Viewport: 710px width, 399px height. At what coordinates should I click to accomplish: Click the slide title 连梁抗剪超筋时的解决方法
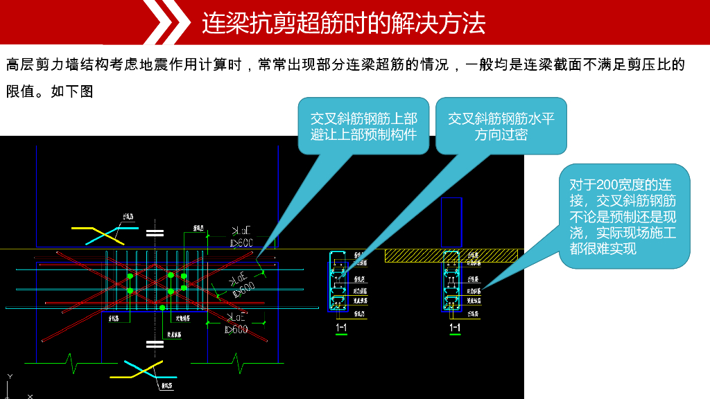tap(343, 23)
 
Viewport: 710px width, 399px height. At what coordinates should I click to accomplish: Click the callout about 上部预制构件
tap(363, 125)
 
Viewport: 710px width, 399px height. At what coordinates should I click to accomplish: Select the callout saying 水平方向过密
tap(501, 125)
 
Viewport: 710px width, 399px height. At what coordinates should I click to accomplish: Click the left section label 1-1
tap(341, 327)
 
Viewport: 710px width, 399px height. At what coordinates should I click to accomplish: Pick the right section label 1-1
tap(455, 327)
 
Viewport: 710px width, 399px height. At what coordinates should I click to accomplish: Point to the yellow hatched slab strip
tap(451, 256)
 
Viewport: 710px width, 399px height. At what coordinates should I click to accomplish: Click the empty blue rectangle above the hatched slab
tap(451, 222)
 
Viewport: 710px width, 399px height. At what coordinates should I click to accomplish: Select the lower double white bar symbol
tap(155, 344)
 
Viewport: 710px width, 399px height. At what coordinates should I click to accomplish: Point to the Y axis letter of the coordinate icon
tap(10, 376)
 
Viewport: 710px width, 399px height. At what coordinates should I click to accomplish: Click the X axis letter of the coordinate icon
tap(30, 396)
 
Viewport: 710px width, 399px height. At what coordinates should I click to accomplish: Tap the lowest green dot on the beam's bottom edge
tap(162, 308)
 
